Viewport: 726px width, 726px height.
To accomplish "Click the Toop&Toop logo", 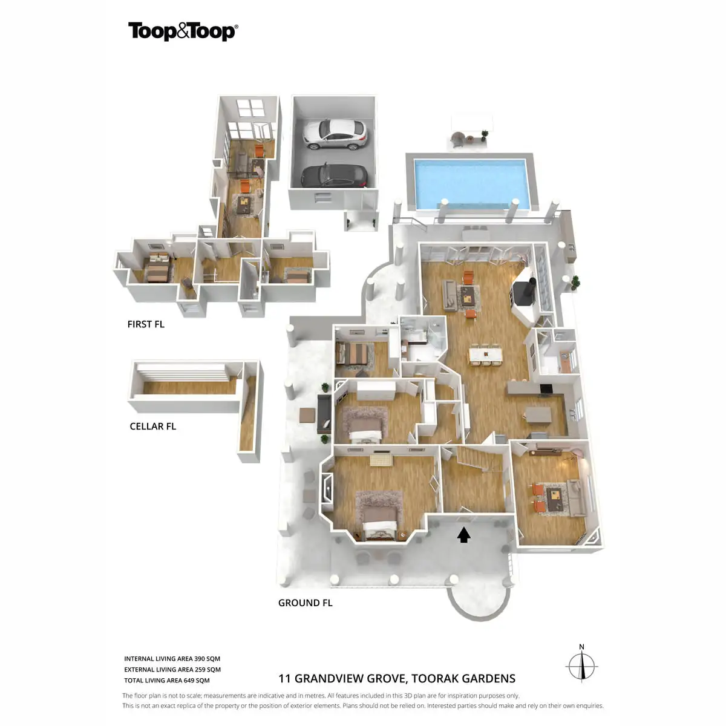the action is [x=183, y=31].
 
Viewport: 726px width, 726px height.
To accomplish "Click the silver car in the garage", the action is [x=335, y=134].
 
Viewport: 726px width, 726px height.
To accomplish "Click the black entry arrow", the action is [x=463, y=535].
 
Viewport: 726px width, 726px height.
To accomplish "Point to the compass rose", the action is [x=582, y=667].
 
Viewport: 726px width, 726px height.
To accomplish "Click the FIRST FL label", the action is [x=146, y=324].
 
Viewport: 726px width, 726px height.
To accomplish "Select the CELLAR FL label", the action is [x=152, y=427].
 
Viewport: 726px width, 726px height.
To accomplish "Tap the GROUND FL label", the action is [x=305, y=603].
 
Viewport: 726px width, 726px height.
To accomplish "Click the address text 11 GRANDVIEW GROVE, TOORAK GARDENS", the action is [x=396, y=679].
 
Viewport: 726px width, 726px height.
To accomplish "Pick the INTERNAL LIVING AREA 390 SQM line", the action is [x=172, y=659].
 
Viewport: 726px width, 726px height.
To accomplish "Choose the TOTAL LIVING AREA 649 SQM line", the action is [x=167, y=681].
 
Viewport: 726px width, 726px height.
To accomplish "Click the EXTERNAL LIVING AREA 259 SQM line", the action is [x=172, y=670].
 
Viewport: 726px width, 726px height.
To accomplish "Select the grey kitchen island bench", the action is [x=538, y=414].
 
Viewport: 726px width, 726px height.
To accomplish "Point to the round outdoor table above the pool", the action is [x=458, y=139].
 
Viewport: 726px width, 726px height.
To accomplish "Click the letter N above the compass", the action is [x=582, y=647].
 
